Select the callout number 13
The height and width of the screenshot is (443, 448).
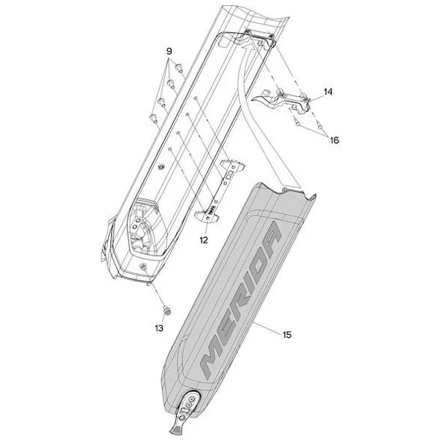click(158, 327)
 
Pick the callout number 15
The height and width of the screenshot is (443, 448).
click(287, 335)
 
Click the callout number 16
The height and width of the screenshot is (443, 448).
click(333, 139)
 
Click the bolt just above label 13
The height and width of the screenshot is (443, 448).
click(166, 308)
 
